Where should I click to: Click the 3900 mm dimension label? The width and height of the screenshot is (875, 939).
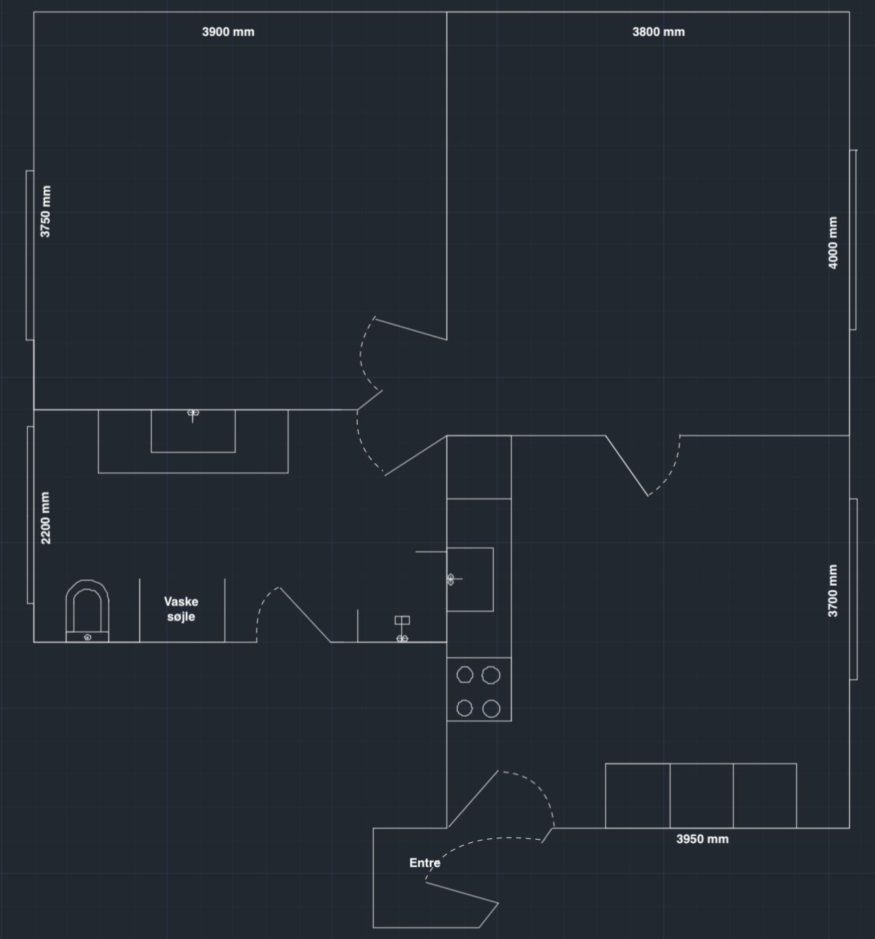click(x=228, y=32)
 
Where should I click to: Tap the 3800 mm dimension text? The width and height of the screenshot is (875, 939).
click(x=659, y=32)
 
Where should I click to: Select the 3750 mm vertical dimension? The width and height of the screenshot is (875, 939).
click(x=45, y=211)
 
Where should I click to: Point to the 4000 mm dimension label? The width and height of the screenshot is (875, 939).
click(x=833, y=243)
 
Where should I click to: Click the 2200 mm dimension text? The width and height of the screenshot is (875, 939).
click(x=45, y=518)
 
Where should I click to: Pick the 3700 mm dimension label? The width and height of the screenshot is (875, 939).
click(x=833, y=590)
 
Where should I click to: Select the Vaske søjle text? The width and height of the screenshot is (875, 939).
click(x=181, y=609)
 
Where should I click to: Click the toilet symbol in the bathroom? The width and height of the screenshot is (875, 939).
click(x=87, y=610)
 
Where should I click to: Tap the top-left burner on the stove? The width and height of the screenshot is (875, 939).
click(x=465, y=675)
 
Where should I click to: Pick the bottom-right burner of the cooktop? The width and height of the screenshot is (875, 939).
click(x=491, y=708)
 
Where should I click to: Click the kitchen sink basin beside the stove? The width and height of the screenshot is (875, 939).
click(x=470, y=579)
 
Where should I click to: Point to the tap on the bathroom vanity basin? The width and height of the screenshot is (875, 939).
click(x=193, y=415)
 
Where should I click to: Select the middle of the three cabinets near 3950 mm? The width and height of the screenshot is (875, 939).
click(x=701, y=795)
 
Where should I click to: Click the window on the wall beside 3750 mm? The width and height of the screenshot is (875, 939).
click(x=30, y=255)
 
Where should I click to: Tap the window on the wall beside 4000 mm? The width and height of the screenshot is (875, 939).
click(x=853, y=240)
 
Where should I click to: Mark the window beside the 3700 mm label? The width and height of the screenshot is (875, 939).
click(x=854, y=588)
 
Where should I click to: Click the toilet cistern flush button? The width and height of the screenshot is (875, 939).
click(x=87, y=637)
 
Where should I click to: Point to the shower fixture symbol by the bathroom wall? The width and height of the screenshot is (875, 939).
click(x=402, y=629)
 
